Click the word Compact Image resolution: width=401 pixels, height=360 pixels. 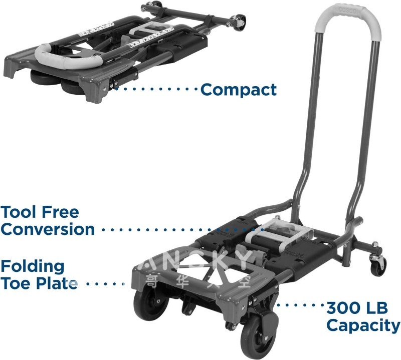point(238,90)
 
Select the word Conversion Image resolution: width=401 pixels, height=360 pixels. point(48,229)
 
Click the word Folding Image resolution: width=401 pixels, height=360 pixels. point(33,266)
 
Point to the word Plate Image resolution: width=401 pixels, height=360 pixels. point(57,283)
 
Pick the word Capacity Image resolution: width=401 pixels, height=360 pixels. point(363,325)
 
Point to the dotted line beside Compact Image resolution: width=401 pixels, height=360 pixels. point(155,90)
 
